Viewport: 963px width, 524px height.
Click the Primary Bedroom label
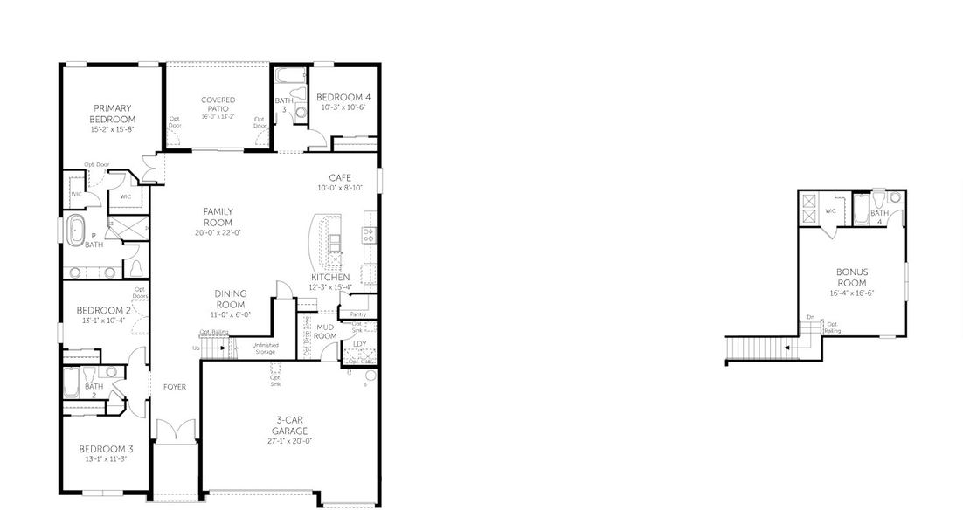(x=113, y=114)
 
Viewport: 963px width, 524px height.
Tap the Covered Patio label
(x=218, y=105)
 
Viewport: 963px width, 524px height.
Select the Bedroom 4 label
(x=343, y=97)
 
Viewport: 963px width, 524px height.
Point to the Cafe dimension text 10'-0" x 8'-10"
(x=340, y=187)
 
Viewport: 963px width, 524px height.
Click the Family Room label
(x=218, y=217)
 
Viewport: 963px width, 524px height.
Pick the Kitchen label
(x=329, y=277)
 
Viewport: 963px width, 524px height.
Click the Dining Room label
(x=230, y=299)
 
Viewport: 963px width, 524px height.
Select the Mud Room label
(x=325, y=331)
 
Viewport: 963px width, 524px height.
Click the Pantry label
(x=357, y=314)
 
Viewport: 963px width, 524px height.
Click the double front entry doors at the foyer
(x=171, y=431)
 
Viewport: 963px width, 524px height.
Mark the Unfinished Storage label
(x=265, y=349)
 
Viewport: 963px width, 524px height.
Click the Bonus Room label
(x=851, y=278)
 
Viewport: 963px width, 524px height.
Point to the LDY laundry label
(x=359, y=343)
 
